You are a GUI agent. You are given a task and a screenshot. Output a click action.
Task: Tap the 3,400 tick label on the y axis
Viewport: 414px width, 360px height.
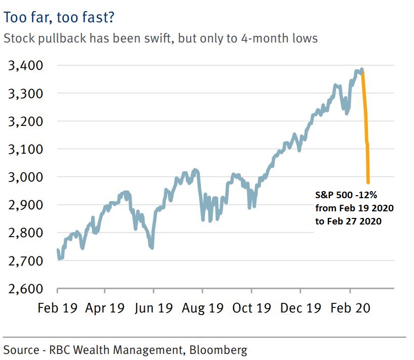tap(26, 66)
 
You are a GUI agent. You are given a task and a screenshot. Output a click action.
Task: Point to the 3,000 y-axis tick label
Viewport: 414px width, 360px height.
tap(26, 177)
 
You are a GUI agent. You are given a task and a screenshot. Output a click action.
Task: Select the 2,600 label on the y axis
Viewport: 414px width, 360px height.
tap(26, 289)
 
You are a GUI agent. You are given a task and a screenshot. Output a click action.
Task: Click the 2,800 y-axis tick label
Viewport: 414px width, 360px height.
tap(26, 233)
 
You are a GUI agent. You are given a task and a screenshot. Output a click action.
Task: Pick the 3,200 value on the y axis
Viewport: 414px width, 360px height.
tap(26, 121)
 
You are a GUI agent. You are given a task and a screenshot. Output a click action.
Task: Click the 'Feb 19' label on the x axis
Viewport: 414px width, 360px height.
tap(57, 308)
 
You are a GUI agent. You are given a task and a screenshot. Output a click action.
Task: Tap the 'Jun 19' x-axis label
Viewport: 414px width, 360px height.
tap(154, 308)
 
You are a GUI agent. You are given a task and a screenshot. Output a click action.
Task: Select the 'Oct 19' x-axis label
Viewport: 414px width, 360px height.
tap(251, 308)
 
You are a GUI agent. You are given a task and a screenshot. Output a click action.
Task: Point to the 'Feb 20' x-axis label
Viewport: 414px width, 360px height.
tap(350, 308)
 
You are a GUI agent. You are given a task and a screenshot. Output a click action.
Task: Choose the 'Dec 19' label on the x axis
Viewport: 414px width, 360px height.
tap(300, 308)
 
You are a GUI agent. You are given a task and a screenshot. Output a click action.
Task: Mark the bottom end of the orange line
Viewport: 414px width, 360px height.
tap(368, 182)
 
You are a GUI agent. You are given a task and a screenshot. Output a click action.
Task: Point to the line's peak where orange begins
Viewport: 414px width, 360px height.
tap(362, 70)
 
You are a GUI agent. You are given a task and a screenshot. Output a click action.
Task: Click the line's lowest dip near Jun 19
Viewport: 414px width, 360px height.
tap(152, 247)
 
